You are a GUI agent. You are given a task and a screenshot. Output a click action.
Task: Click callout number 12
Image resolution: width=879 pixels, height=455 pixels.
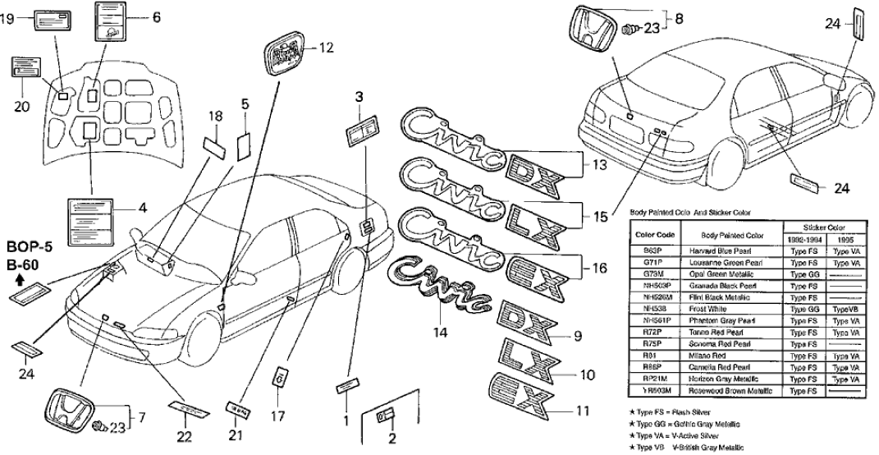point(326,48)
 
